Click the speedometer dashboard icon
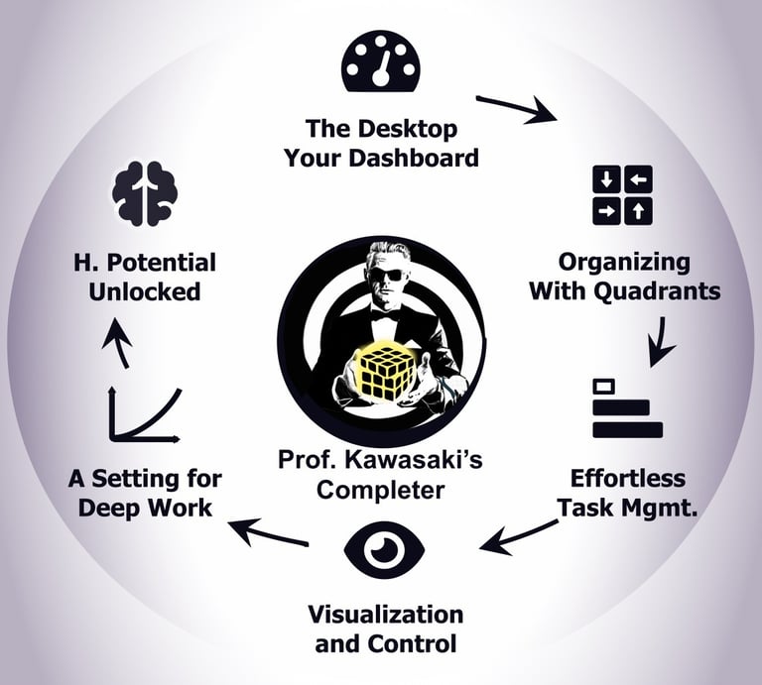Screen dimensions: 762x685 coord(379,61)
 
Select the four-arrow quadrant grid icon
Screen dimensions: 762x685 coord(621,193)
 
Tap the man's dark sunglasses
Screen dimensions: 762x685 coord(388,275)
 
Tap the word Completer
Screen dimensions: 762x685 coord(380,490)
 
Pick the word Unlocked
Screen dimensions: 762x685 coord(144,291)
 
